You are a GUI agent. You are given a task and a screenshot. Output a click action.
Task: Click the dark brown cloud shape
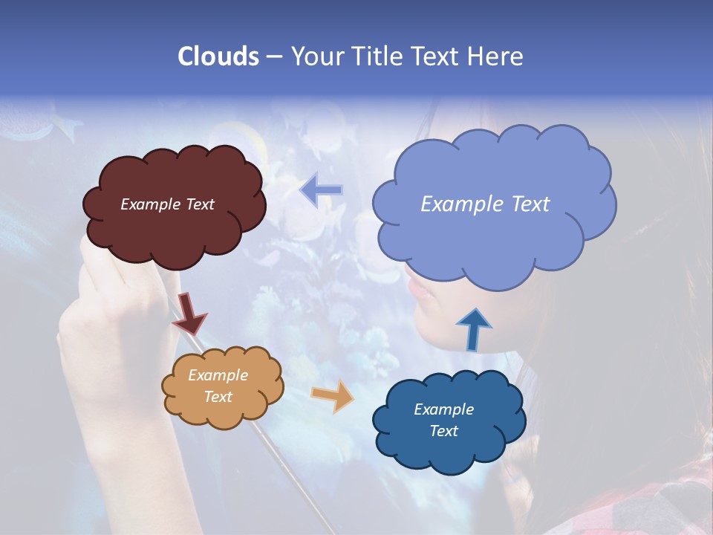175,230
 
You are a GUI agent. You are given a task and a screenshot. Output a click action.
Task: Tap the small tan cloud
223,412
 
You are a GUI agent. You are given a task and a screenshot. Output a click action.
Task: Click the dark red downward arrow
190,314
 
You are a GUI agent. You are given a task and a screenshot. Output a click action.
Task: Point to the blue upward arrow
473,330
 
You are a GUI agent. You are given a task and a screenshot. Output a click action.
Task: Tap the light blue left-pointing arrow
321,190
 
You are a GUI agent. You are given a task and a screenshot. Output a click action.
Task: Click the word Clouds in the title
218,56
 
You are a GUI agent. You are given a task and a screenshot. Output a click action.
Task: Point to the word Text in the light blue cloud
530,204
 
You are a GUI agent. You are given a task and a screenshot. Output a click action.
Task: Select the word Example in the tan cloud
218,375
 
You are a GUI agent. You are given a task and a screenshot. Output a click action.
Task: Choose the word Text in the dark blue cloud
443,431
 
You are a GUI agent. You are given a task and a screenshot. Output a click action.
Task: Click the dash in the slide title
273,56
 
